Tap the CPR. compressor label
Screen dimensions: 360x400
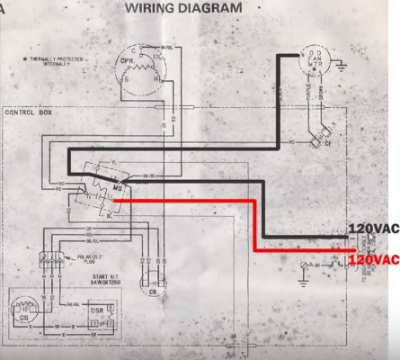[x=129, y=62]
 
